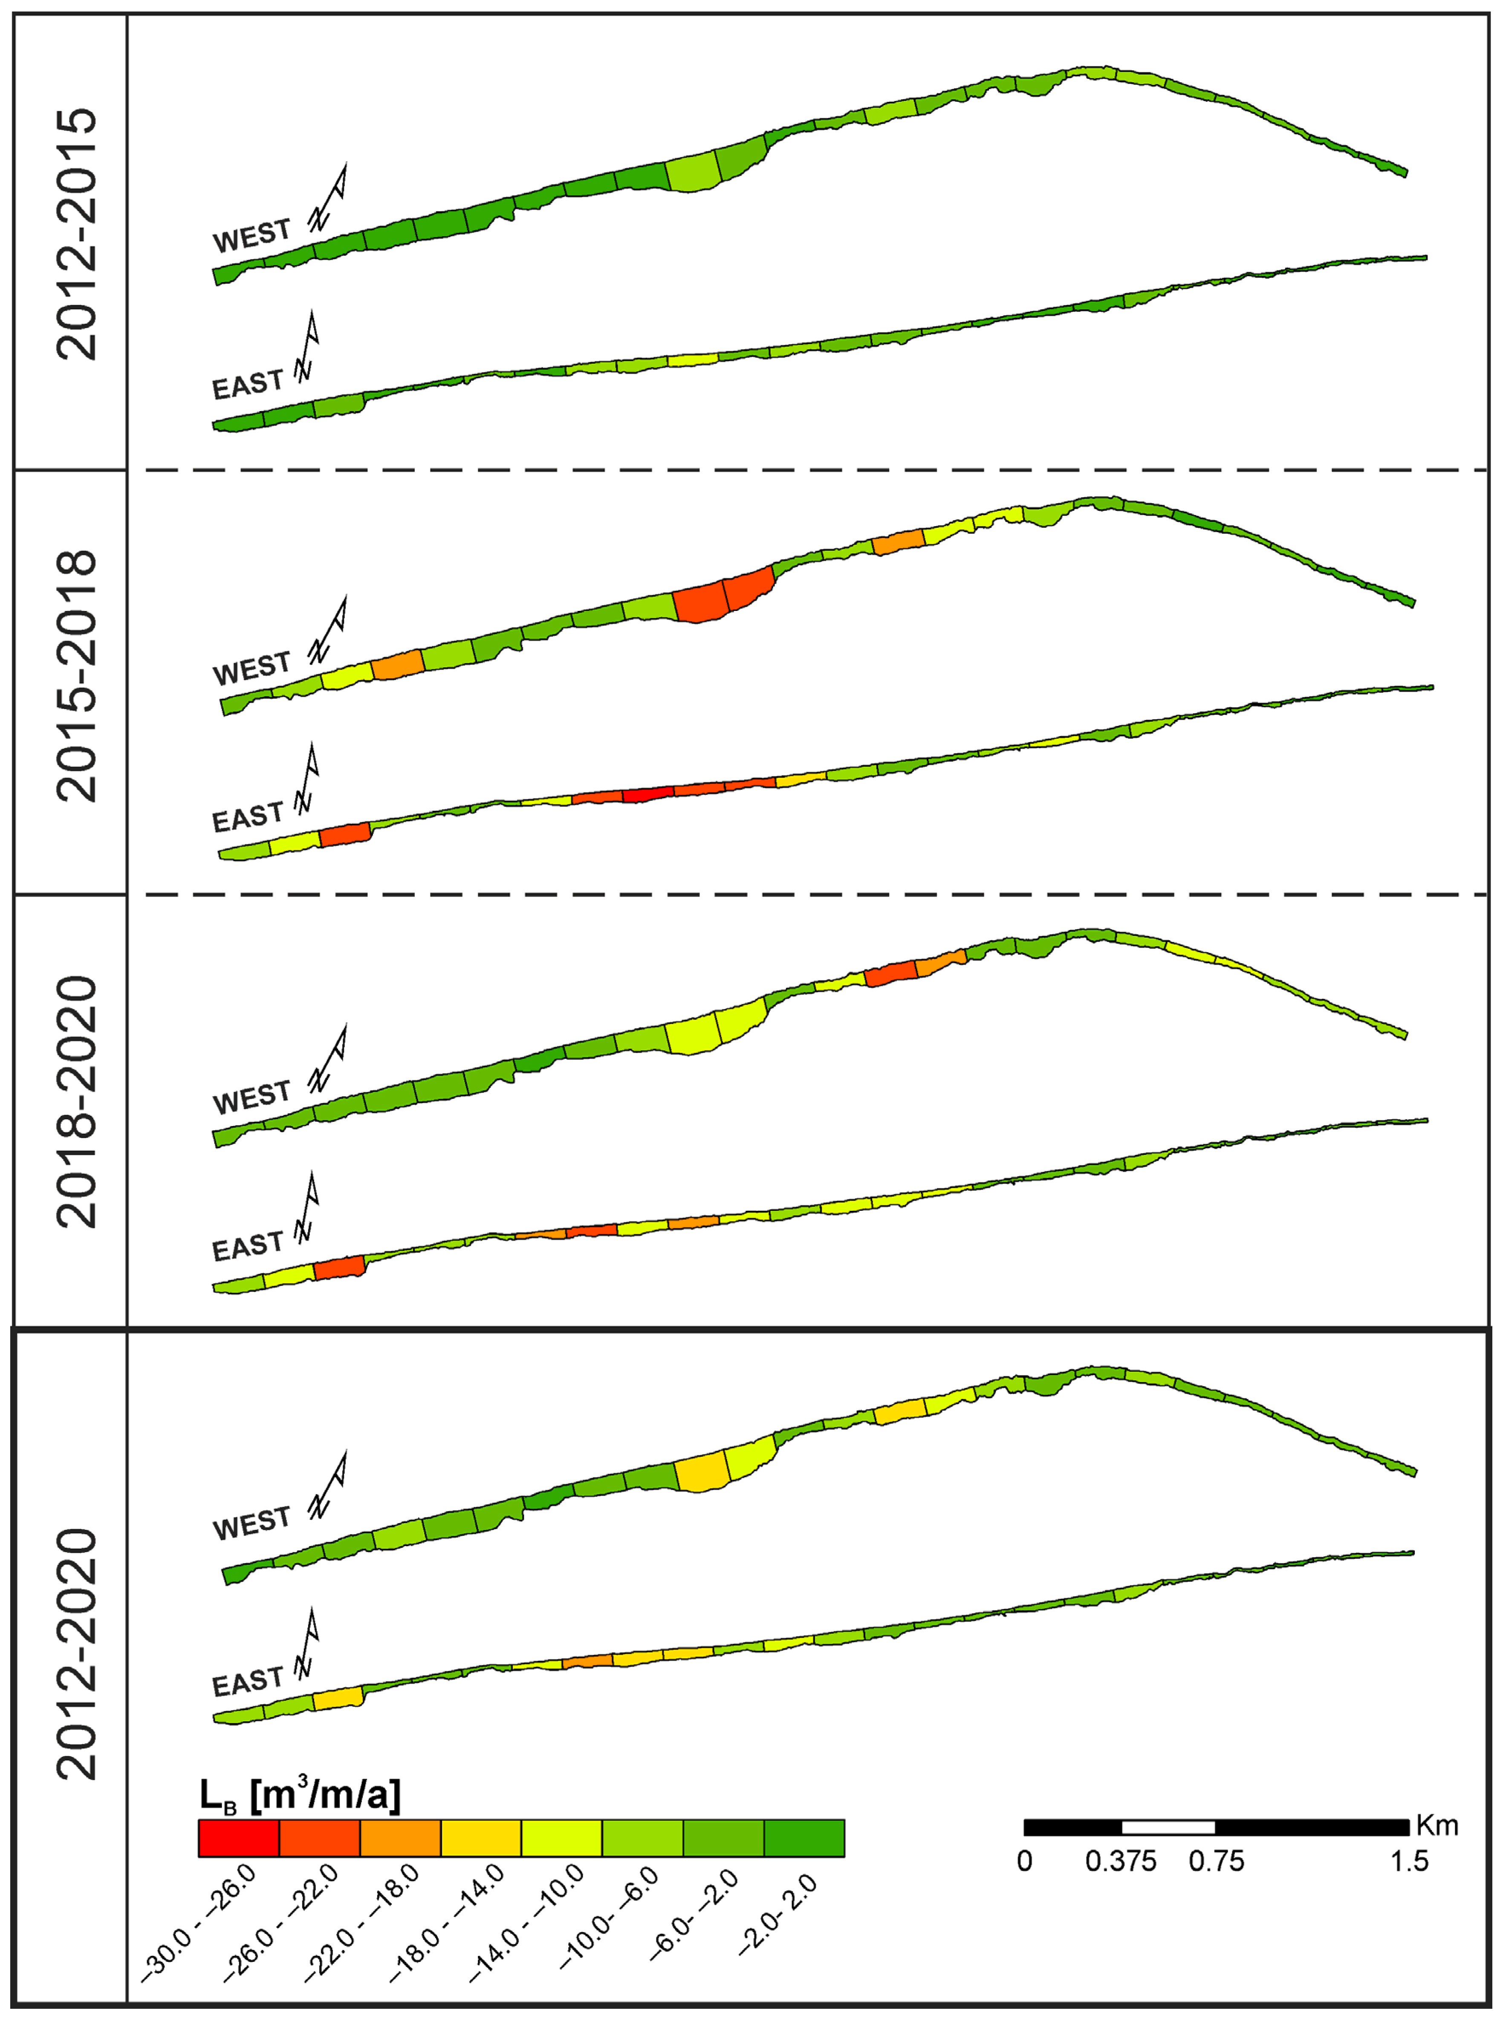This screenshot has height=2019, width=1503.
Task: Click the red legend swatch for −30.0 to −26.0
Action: (238, 1838)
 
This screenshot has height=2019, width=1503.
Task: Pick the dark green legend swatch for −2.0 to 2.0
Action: (804, 1838)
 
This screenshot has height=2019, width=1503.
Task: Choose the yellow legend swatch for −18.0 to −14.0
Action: (481, 1838)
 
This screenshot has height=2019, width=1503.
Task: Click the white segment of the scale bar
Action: (1168, 1827)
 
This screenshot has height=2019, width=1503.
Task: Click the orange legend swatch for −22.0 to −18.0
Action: (400, 1838)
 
